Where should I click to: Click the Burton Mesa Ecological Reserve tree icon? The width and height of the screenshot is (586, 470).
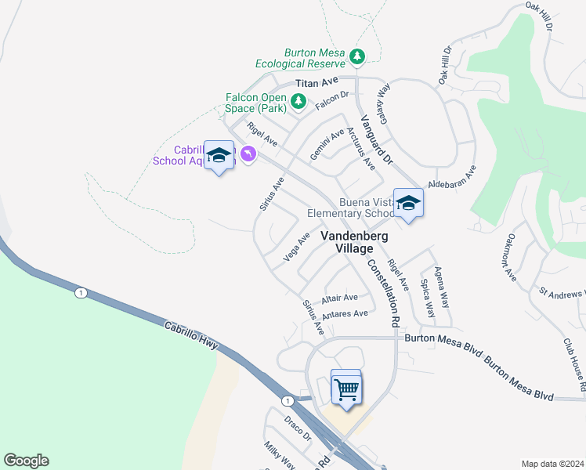coord(357,56)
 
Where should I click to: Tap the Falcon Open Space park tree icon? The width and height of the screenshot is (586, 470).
coord(298,101)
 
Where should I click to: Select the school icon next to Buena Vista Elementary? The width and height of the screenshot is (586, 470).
coord(407,203)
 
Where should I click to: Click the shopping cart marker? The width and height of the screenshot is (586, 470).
coord(346,387)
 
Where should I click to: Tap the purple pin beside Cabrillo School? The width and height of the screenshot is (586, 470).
coord(248,154)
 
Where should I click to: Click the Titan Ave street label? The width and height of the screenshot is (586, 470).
coord(317,82)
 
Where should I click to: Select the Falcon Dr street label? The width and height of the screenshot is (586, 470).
coord(331,100)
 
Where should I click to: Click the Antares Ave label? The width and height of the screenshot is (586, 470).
coord(345,314)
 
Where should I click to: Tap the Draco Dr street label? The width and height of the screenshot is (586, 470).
coord(298,428)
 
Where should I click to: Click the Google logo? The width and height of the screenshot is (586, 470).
coord(26,461)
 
